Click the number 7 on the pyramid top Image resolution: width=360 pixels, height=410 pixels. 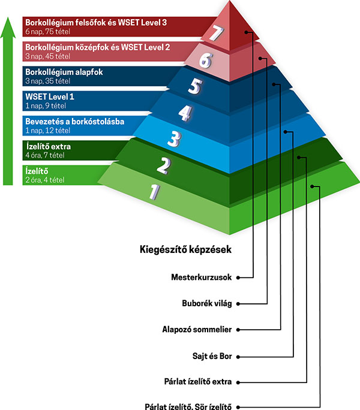[x=217, y=33]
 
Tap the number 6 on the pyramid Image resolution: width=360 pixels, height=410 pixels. [x=206, y=61]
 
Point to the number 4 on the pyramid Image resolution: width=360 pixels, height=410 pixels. [x=185, y=113]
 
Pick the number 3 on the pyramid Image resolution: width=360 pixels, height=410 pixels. [x=175, y=139]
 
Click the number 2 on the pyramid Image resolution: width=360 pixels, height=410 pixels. [x=164, y=165]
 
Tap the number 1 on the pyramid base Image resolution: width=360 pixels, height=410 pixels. [x=154, y=192]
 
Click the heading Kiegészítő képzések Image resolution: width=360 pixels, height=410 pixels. [x=185, y=249]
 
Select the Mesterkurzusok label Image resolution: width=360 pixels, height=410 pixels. [x=202, y=277]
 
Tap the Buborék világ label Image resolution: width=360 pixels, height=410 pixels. [x=207, y=303]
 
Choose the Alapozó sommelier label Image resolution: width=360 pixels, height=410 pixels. [x=197, y=330]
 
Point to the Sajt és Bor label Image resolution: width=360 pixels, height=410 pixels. [x=212, y=356]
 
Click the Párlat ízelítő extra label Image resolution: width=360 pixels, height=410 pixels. [x=198, y=381]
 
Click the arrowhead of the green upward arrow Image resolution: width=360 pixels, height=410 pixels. [x=8, y=28]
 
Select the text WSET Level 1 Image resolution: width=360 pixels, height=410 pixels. [x=50, y=97]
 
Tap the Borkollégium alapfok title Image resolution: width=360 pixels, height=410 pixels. [x=64, y=72]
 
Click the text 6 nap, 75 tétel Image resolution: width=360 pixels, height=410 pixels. [x=47, y=32]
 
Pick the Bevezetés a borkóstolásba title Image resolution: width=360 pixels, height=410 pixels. [x=75, y=122]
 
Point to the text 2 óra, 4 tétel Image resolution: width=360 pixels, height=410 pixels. [x=45, y=180]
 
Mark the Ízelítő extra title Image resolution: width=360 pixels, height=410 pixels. [x=49, y=146]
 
